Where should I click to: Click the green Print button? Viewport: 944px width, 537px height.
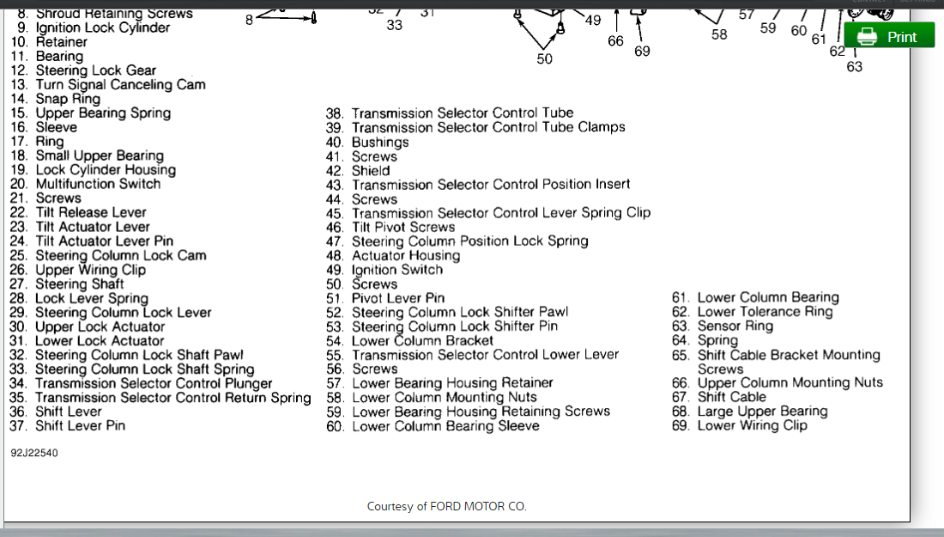889,36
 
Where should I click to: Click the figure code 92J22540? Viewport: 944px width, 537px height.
34,453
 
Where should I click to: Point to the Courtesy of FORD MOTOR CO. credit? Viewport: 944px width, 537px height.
446,506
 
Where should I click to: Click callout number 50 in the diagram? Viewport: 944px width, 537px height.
545,58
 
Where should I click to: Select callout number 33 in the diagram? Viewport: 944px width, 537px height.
394,25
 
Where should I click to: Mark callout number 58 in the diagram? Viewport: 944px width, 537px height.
719,34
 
